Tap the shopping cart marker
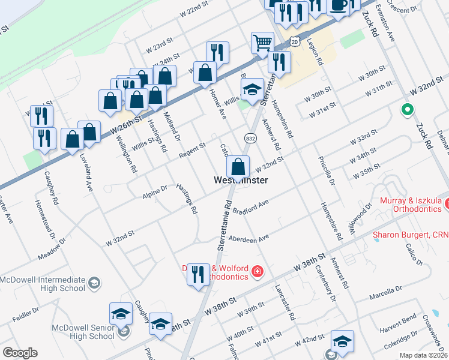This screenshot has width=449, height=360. click(262, 43)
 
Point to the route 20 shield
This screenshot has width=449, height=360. click(294, 41)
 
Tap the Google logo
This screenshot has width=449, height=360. click(20, 353)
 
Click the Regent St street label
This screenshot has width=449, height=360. click(192, 149)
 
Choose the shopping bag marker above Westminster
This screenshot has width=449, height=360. click(238, 166)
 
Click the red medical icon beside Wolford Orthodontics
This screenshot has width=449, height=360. click(258, 272)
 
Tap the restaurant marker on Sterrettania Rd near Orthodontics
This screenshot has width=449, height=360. click(199, 275)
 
